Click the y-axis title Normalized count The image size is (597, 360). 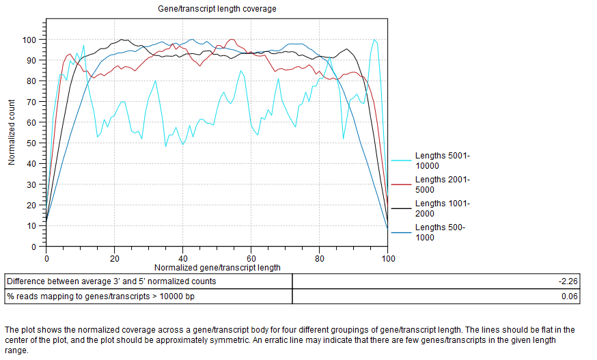tap(12, 132)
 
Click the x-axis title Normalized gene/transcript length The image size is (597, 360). tap(217, 268)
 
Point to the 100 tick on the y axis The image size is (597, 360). tap(31, 40)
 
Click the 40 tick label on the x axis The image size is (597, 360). tap(183, 259)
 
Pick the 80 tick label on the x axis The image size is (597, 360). tap(320, 259)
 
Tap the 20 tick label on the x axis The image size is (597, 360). tap(115, 259)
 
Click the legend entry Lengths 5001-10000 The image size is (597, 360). tap(443, 161)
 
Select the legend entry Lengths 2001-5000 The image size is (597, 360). tap(443, 184)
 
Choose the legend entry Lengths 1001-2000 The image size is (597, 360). tap(443, 208)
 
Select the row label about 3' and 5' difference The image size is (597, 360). tap(112, 281)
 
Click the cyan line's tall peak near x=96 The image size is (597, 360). tap(374, 40)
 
